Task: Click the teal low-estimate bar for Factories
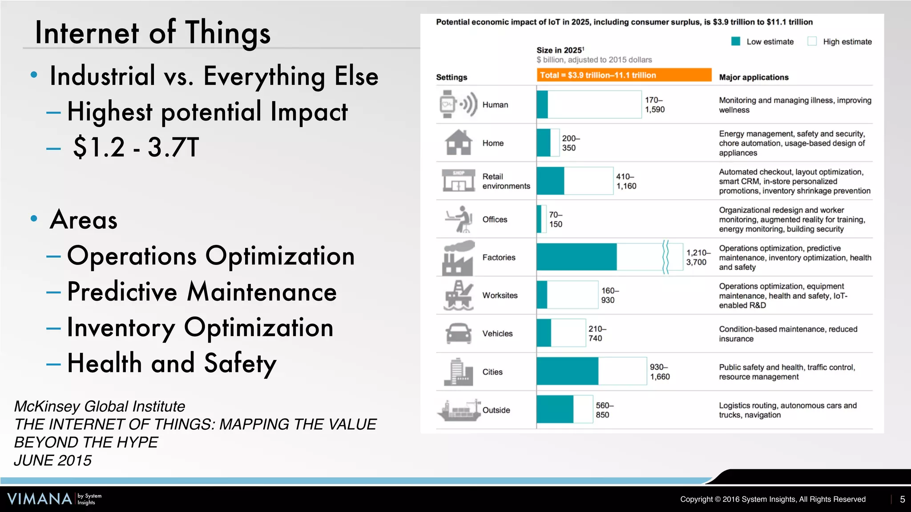click(x=576, y=257)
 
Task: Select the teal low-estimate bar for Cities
click(x=567, y=371)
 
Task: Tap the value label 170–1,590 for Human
click(x=655, y=105)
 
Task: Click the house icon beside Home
click(x=458, y=143)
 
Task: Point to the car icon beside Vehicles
click(x=458, y=333)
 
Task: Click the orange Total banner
click(x=624, y=75)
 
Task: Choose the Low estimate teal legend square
click(x=736, y=41)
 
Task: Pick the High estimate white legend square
click(x=812, y=41)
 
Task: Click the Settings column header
click(x=451, y=77)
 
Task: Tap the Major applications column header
click(x=754, y=77)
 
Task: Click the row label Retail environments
click(x=506, y=181)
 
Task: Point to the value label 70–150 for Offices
click(x=556, y=220)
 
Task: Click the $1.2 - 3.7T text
click(x=136, y=148)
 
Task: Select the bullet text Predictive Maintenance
click(x=202, y=292)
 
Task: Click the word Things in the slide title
click(x=227, y=33)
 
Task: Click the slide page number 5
click(x=902, y=499)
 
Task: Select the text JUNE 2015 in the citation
click(x=52, y=460)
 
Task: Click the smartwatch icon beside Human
click(x=447, y=104)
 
